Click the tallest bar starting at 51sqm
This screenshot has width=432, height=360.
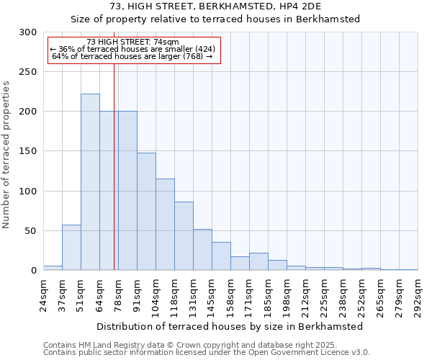pyautogui.click(x=90, y=182)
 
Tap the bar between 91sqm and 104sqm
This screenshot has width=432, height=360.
pyautogui.click(x=146, y=211)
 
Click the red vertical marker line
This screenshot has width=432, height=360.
pyautogui.click(x=114, y=166)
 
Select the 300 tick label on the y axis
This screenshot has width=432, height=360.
pyautogui.click(x=27, y=32)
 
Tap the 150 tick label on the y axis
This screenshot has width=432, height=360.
pyautogui.click(x=27, y=151)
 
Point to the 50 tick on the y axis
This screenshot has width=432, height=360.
pyautogui.click(x=30, y=231)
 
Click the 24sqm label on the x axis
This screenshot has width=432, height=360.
pyautogui.click(x=43, y=293)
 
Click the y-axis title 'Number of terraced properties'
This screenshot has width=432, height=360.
pyautogui.click(x=6, y=155)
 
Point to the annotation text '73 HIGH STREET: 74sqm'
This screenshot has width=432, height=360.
pyautogui.click(x=132, y=42)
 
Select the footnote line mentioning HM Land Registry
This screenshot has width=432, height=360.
pyautogui.click(x=206, y=346)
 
